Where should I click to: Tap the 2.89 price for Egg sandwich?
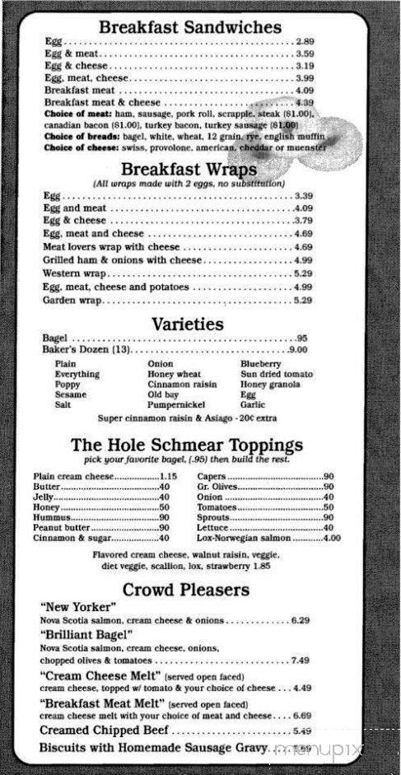click(x=305, y=41)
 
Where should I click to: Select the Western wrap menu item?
click(x=75, y=273)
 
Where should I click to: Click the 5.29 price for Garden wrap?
click(x=302, y=301)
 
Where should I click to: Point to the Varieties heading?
click(x=187, y=324)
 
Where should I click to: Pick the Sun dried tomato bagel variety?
click(x=276, y=374)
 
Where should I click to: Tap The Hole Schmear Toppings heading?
click(x=187, y=445)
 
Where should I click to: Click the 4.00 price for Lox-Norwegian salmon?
click(x=332, y=538)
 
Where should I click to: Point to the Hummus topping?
click(x=52, y=517)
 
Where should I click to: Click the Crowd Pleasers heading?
click(x=186, y=590)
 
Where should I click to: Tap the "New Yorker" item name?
click(x=77, y=607)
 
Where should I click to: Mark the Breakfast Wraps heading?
click(x=189, y=169)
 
